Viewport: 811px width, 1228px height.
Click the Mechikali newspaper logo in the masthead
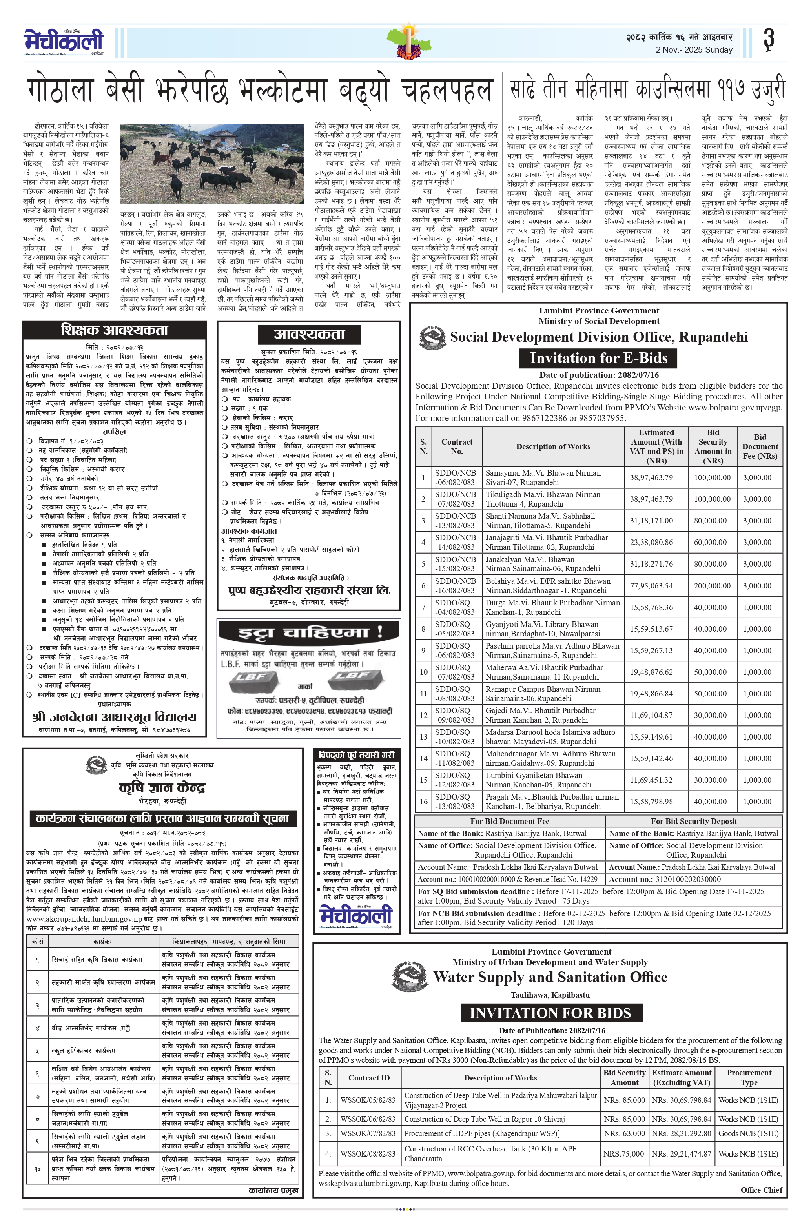64,41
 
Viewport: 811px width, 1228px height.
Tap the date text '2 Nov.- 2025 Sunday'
694,50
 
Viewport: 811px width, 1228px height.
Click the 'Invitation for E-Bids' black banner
598,358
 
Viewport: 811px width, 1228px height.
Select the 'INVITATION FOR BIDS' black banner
550,1013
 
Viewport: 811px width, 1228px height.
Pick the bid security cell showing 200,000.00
712,586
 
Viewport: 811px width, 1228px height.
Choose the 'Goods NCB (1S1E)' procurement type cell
748,1133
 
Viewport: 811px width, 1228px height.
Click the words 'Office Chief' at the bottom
761,1190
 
